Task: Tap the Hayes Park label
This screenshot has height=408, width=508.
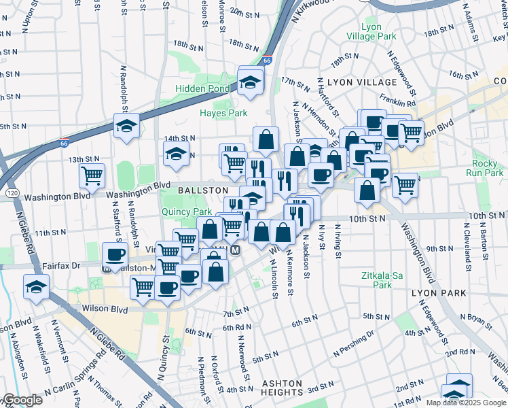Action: click(x=223, y=112)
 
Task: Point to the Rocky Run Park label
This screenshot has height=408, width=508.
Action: click(x=486, y=168)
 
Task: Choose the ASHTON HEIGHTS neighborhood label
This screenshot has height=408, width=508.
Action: click(x=282, y=388)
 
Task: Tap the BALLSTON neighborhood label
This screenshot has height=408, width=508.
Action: click(x=202, y=190)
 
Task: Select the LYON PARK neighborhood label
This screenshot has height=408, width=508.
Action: click(x=439, y=292)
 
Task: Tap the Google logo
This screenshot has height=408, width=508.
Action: click(x=22, y=399)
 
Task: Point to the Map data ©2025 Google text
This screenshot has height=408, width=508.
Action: click(x=466, y=403)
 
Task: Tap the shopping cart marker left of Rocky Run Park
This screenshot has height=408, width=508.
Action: click(x=405, y=184)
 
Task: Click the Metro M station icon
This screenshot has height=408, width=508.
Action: click(x=235, y=250)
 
